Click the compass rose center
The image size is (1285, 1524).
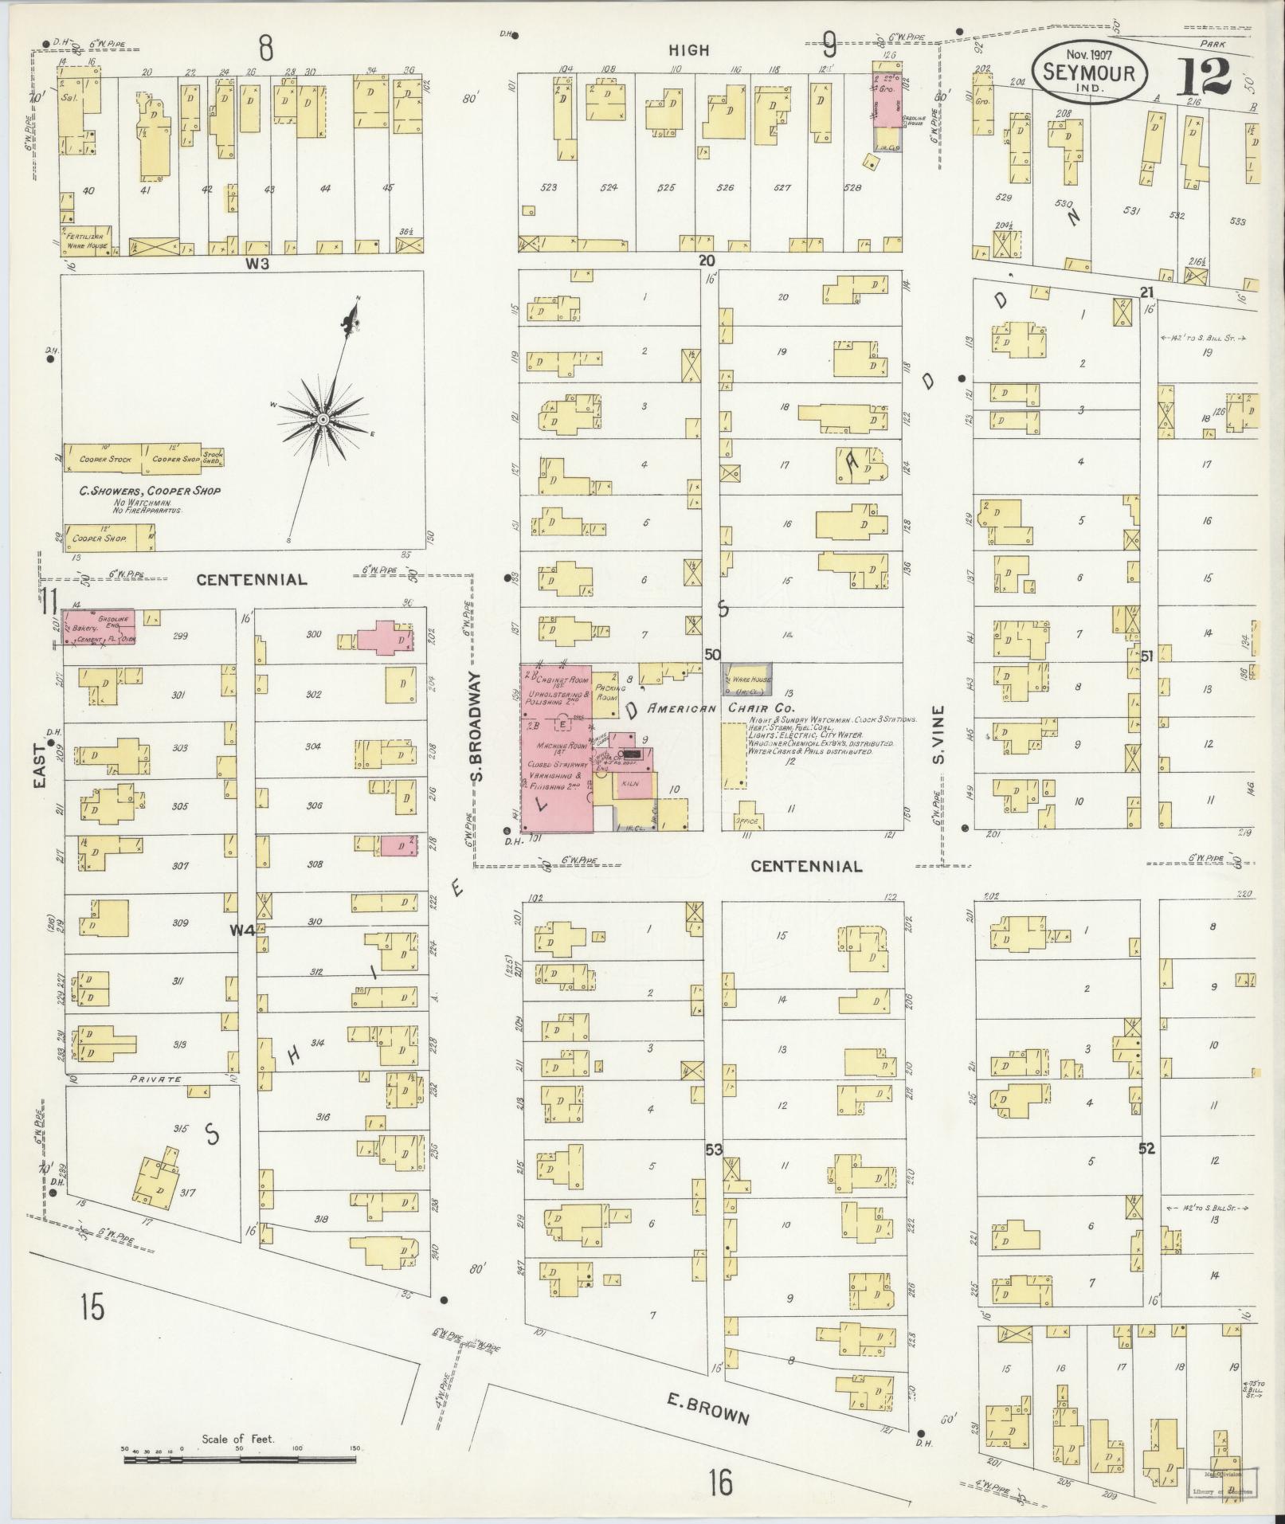point(323,419)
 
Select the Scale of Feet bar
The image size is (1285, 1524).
point(239,1459)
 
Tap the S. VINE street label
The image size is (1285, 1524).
point(940,735)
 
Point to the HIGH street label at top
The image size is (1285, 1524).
point(689,50)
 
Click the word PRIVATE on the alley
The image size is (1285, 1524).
point(155,1079)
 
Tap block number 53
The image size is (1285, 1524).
point(713,1150)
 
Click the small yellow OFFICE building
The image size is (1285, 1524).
point(748,819)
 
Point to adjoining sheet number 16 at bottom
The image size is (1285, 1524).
point(719,1483)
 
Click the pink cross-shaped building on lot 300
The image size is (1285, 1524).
point(385,639)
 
